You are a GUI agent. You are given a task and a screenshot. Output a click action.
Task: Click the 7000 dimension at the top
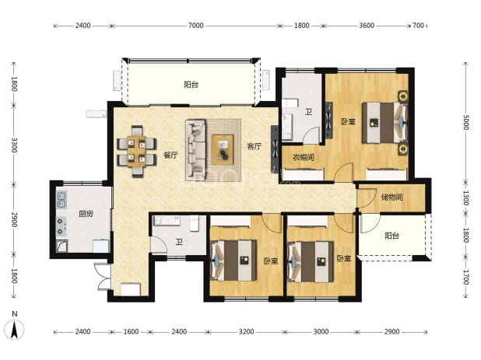click(x=195, y=26)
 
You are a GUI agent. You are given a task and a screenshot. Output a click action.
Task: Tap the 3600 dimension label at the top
click(x=367, y=26)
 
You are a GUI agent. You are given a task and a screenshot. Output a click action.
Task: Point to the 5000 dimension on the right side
click(x=465, y=122)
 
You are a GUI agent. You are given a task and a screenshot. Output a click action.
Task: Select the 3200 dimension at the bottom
click(x=246, y=331)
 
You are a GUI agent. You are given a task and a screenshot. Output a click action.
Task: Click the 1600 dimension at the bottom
click(x=131, y=331)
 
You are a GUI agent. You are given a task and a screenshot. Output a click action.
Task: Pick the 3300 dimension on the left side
click(x=14, y=145)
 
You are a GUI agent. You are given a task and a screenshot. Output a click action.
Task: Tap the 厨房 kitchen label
click(x=86, y=214)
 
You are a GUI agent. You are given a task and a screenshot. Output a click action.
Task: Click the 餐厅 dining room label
click(x=170, y=155)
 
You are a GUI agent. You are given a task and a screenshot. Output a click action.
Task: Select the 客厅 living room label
click(x=255, y=146)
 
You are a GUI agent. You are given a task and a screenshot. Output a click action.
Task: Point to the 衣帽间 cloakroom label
click(x=303, y=158)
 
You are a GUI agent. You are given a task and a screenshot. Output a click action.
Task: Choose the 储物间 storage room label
click(x=391, y=197)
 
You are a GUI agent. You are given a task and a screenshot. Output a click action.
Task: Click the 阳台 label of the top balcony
click(x=191, y=84)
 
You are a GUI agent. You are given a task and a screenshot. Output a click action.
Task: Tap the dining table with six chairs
click(x=137, y=151)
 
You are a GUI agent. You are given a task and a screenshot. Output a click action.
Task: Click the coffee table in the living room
click(x=223, y=149)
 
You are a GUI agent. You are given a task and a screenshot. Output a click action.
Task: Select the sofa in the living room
click(x=195, y=150)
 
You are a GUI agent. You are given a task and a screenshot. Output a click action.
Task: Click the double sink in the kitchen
click(x=61, y=201)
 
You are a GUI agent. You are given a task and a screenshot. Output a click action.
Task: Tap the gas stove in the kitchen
click(x=61, y=226)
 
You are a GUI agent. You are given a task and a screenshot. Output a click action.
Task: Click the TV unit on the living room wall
click(x=275, y=149)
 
